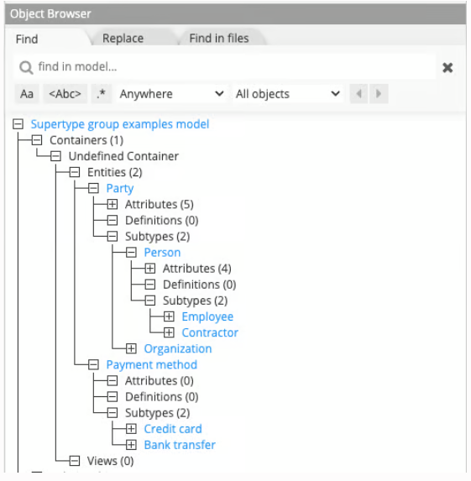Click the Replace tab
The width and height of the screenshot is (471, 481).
[x=123, y=39]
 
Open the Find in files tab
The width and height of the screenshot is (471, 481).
[x=219, y=39]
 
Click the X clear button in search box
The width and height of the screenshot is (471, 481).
[x=447, y=67]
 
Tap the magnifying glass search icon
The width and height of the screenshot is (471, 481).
[x=26, y=67]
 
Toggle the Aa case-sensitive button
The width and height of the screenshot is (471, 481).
[x=27, y=94]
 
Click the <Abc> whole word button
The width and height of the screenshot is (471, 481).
[x=65, y=94]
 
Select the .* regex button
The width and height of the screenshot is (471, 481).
[x=102, y=94]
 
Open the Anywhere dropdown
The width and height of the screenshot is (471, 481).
[x=171, y=94]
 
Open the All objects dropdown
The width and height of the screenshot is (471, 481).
[x=287, y=94]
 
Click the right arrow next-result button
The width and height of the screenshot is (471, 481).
[x=379, y=93]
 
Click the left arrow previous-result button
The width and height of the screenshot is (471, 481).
[x=358, y=93]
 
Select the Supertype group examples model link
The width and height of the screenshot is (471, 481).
[x=120, y=124]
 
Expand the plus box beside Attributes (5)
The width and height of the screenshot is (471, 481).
[x=113, y=204]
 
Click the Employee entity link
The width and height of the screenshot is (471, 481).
[x=207, y=316]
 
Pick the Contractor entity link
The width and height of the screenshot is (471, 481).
[x=210, y=332]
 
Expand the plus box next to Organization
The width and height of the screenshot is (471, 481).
[x=131, y=348]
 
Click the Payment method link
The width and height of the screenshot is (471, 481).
[x=152, y=365]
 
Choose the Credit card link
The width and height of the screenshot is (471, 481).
[x=173, y=429]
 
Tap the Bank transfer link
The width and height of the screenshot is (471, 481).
[x=180, y=445]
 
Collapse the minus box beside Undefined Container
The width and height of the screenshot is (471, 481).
[x=55, y=156]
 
